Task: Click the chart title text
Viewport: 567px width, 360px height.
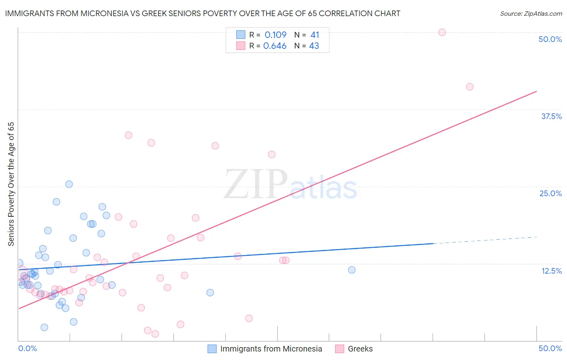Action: (202, 13)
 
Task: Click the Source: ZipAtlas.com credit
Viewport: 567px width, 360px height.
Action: (531, 13)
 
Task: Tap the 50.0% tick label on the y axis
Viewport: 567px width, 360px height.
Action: (550, 39)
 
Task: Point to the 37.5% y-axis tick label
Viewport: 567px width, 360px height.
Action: (551, 116)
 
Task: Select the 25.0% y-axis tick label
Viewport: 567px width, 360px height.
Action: (550, 193)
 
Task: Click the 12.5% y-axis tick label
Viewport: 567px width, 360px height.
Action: (551, 271)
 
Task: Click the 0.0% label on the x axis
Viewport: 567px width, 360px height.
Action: (27, 348)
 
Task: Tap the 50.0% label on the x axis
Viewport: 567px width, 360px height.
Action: (550, 348)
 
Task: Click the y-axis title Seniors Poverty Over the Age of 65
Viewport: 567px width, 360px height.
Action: (11, 184)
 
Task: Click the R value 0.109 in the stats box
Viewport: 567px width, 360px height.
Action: (275, 35)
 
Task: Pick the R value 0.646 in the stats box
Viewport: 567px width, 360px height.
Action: (275, 46)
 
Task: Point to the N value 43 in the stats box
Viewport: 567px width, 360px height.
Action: (314, 46)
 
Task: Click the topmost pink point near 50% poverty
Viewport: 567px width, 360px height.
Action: (442, 32)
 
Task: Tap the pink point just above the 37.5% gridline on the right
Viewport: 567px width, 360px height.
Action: (469, 87)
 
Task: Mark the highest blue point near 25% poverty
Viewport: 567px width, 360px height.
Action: (69, 184)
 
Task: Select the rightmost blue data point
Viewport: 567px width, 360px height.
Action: (352, 270)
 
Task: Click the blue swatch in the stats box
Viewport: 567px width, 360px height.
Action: (241, 35)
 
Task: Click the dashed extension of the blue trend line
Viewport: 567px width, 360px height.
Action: (484, 240)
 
